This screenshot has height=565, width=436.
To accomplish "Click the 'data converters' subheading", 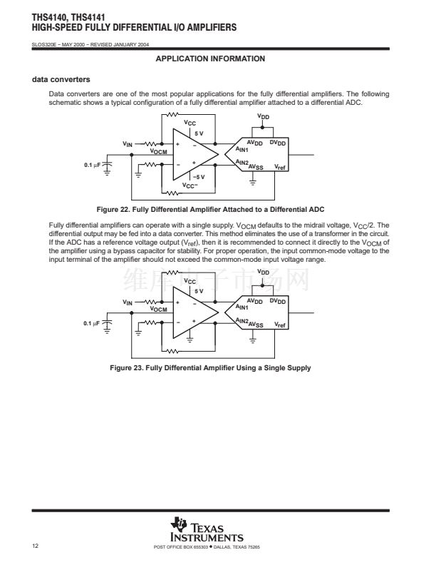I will tap(61, 78).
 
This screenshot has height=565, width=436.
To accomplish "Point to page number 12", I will tap(35, 547).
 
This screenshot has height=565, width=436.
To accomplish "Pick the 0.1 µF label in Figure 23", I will tap(92, 323).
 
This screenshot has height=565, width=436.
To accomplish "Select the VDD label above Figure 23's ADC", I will tap(264, 273).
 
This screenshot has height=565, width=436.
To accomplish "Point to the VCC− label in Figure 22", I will tap(190, 185).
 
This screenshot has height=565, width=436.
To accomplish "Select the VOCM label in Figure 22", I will tap(158, 151).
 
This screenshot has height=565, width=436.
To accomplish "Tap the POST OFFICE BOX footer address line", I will tap(207, 547).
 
